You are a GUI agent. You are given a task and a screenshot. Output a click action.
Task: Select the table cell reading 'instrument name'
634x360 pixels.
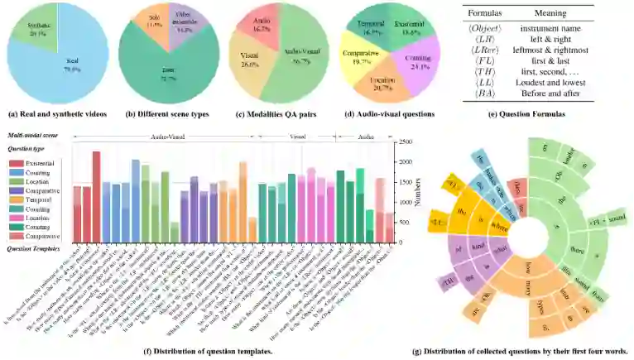coord(556,30)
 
